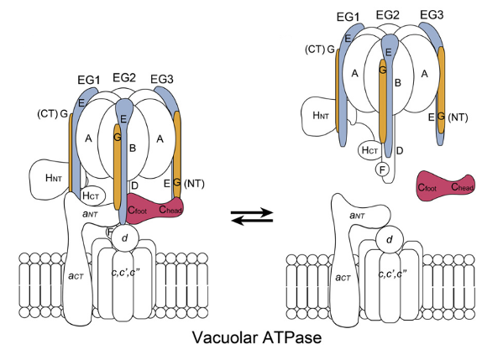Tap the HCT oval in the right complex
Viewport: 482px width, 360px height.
coord(369,149)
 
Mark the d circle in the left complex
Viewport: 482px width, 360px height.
coord(124,239)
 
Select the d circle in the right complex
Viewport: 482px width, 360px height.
coord(388,240)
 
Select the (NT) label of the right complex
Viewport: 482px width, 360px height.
coord(458,115)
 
